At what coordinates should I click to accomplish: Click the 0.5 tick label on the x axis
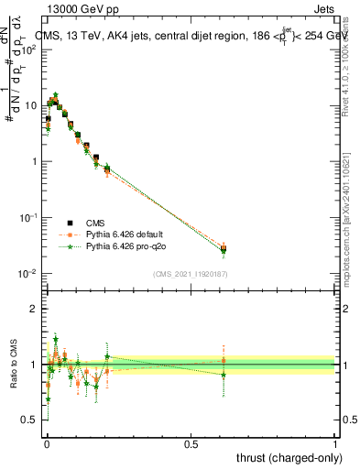191,442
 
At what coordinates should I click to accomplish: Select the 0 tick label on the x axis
47,442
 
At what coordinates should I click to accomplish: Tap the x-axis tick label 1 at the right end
335,442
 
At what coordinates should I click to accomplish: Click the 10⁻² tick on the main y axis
29,273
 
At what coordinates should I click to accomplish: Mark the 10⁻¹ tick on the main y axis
29,217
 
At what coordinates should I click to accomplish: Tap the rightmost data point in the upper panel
224,248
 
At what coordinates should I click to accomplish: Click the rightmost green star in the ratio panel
224,374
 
